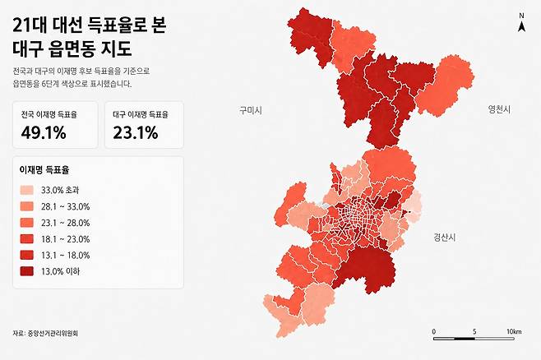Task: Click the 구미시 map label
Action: pos(249,109)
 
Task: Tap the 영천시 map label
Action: pos(499,109)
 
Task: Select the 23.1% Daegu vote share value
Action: pos(135,133)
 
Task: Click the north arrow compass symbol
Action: pos(521,27)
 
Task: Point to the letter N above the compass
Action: pos(521,16)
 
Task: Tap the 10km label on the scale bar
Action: pos(514,331)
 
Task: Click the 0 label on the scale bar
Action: pos(433,331)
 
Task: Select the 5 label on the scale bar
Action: pos(474,331)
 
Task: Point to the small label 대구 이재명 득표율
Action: pos(140,116)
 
